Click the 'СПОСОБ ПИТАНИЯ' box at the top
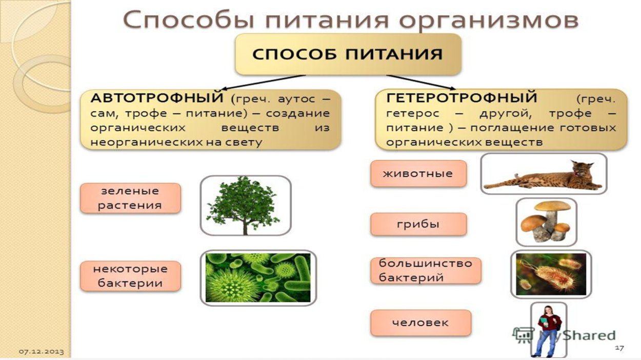(x=348, y=54)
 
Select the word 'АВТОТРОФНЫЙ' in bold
(x=157, y=97)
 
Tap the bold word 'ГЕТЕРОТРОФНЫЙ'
(x=461, y=97)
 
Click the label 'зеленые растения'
(x=130, y=198)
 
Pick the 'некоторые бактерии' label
(x=130, y=276)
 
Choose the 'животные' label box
(x=418, y=173)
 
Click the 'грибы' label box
(x=418, y=224)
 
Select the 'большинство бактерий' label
(x=425, y=270)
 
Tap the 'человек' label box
(x=420, y=323)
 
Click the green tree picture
(x=245, y=205)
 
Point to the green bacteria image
(x=257, y=277)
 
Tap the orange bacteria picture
(x=551, y=274)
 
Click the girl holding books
(x=548, y=329)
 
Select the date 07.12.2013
(x=42, y=351)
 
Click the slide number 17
(x=619, y=348)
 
